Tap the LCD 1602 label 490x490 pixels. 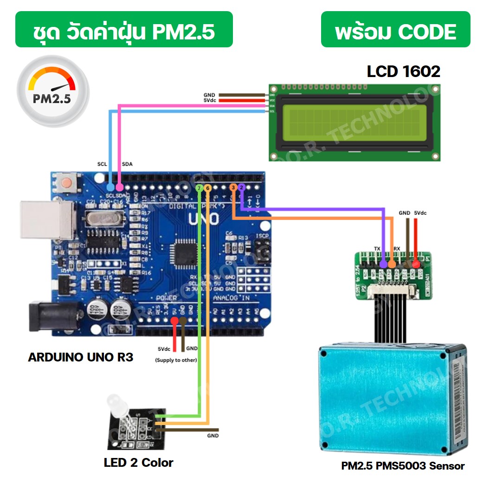click(x=403, y=71)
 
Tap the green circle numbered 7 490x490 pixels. click(x=199, y=188)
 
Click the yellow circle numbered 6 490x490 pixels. click(x=208, y=188)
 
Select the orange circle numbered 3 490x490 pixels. click(x=233, y=187)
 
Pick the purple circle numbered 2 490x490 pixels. click(x=241, y=187)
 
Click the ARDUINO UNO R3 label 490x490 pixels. click(x=81, y=358)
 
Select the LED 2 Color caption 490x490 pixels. click(x=138, y=463)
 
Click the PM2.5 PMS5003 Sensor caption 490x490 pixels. click(x=403, y=466)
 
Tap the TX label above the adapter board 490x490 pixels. click(x=377, y=249)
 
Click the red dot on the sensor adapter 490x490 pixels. click(x=416, y=264)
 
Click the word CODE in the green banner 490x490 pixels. click(x=427, y=32)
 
